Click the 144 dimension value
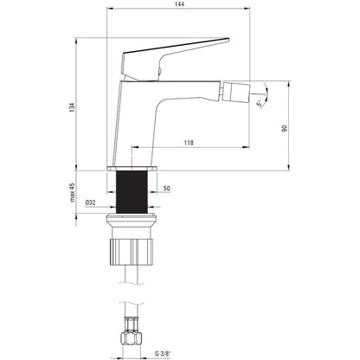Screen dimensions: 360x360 179,3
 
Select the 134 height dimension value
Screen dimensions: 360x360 72,107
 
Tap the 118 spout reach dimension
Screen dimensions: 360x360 189,143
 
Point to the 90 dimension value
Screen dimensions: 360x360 285,128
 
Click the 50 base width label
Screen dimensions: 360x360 167,189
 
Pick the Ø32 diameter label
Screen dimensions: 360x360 90,202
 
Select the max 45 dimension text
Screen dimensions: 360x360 72,192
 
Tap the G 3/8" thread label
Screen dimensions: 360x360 163,354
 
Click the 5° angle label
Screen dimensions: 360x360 260,103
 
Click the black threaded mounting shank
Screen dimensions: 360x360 132,192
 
